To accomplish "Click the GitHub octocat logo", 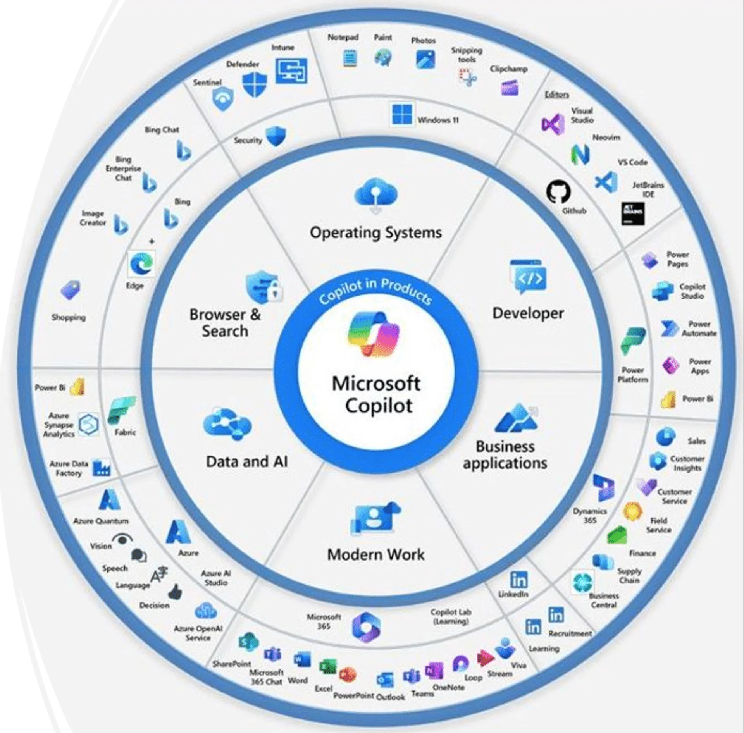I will pyautogui.click(x=558, y=192).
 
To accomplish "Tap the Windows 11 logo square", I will pyautogui.click(x=402, y=114).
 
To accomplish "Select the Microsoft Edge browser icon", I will pyautogui.click(x=141, y=264).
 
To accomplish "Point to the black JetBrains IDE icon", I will pyautogui.click(x=633, y=213).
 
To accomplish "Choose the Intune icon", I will pyautogui.click(x=291, y=71).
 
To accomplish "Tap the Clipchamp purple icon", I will pyautogui.click(x=509, y=88).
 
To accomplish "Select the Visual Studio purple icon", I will pyautogui.click(x=553, y=124).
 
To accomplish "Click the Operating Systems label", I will pyautogui.click(x=375, y=232).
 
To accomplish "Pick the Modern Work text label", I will pyautogui.click(x=375, y=554).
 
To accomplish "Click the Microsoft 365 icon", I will pyautogui.click(x=366, y=627).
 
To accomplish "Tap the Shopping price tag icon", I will pyautogui.click(x=71, y=290).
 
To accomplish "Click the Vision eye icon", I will pyautogui.click(x=122, y=539).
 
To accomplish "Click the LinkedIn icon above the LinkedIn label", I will pyautogui.click(x=518, y=580).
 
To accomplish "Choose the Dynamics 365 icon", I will pyautogui.click(x=603, y=488).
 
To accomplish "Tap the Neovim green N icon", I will pyautogui.click(x=580, y=154).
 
